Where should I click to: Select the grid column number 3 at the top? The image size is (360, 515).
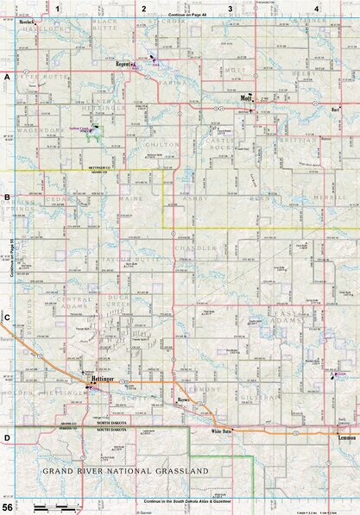(231, 8)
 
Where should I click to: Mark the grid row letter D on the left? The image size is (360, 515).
(7, 437)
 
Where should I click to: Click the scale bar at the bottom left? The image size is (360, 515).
(52, 504)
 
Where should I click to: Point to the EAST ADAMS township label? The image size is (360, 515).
(285, 316)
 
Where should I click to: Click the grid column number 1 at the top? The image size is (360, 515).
(57, 8)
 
